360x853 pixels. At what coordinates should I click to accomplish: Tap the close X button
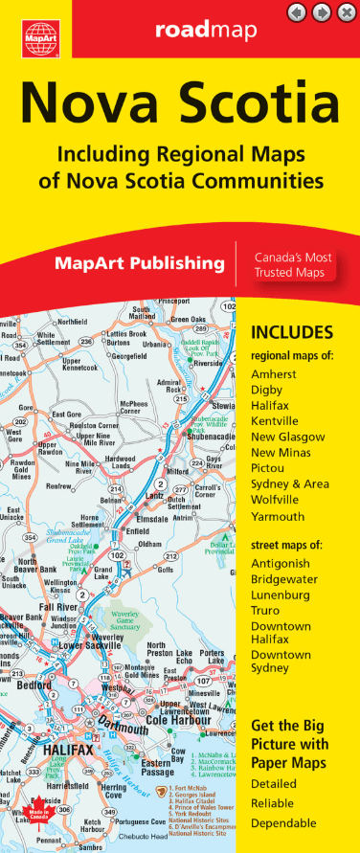(346, 12)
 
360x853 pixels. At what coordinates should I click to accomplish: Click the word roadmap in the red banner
(206, 33)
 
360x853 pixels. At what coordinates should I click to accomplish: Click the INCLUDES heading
(291, 333)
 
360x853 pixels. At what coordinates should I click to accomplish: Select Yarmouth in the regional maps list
(277, 516)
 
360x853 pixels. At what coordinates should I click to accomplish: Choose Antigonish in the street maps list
(281, 563)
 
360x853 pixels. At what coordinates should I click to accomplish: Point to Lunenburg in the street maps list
(280, 595)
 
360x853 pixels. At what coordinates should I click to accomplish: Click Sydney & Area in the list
(290, 484)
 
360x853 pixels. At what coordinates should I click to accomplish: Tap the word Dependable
(282, 822)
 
